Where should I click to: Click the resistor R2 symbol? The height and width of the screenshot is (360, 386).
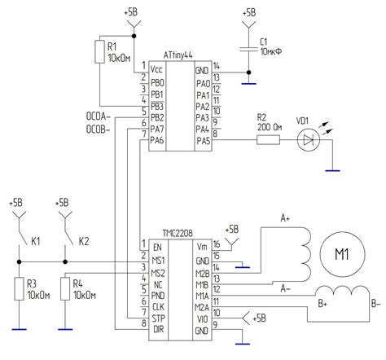(x=269, y=141)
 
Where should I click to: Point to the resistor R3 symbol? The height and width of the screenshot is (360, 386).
(x=18, y=288)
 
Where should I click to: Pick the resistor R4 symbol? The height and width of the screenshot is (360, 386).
(x=64, y=288)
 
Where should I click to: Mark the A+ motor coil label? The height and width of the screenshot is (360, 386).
(x=286, y=219)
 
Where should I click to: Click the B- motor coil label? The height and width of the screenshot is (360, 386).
(x=375, y=303)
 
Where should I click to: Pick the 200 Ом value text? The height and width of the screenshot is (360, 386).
(x=269, y=127)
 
